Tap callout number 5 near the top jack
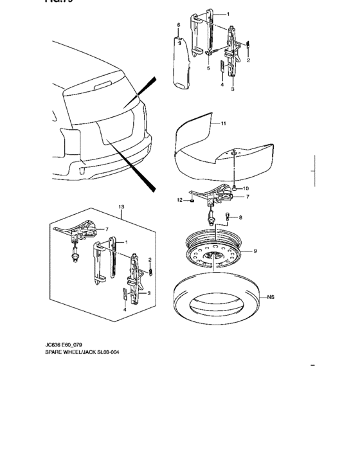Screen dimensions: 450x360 pos(208,68)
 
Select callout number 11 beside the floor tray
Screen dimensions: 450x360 pos(224,123)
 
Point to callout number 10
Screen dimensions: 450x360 pos(245,188)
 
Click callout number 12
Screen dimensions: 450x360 pos(181,200)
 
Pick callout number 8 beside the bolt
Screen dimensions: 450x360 pos(240,218)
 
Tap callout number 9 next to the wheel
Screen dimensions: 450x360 pos(255,251)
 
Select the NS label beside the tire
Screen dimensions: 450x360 pos(272,298)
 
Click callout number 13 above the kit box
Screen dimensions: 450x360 pos(120,206)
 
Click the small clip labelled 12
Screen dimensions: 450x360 pos(192,201)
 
